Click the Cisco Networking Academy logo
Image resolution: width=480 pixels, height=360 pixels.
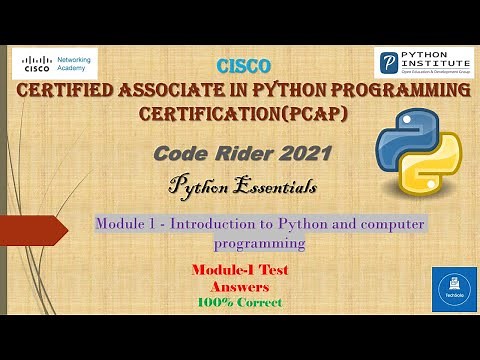(55, 64)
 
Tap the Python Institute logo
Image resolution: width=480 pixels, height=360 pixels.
(423, 63)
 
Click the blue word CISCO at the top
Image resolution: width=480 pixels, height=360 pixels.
(242, 67)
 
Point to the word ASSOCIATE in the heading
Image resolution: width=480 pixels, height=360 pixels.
(174, 93)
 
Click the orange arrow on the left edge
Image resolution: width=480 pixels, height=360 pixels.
(35, 231)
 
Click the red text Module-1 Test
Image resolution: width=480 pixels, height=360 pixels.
(239, 271)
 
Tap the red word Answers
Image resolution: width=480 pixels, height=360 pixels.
(239, 287)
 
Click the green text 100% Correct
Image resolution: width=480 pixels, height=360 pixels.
(239, 302)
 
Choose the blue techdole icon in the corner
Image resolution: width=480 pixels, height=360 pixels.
(453, 289)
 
